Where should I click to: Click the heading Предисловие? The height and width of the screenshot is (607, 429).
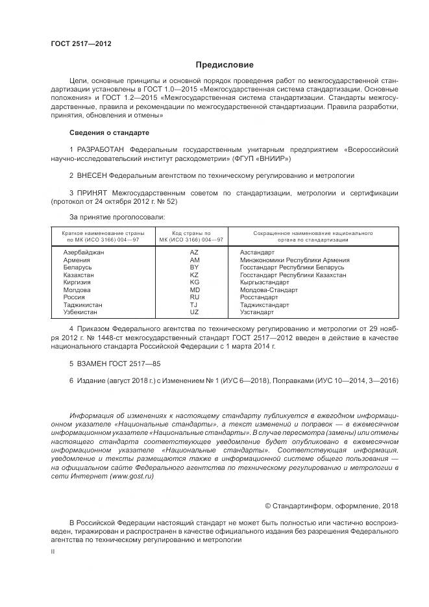225,65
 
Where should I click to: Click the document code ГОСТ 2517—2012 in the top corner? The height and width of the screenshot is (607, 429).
81,43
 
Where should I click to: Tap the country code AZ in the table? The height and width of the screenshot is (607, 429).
194,252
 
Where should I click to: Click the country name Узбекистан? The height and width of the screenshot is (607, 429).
80,312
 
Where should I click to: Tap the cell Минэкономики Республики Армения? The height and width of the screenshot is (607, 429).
295,260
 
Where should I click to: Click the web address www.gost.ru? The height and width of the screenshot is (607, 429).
132,476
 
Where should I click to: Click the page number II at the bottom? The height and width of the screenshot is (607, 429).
53,551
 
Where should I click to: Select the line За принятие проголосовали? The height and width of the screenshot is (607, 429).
117,217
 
